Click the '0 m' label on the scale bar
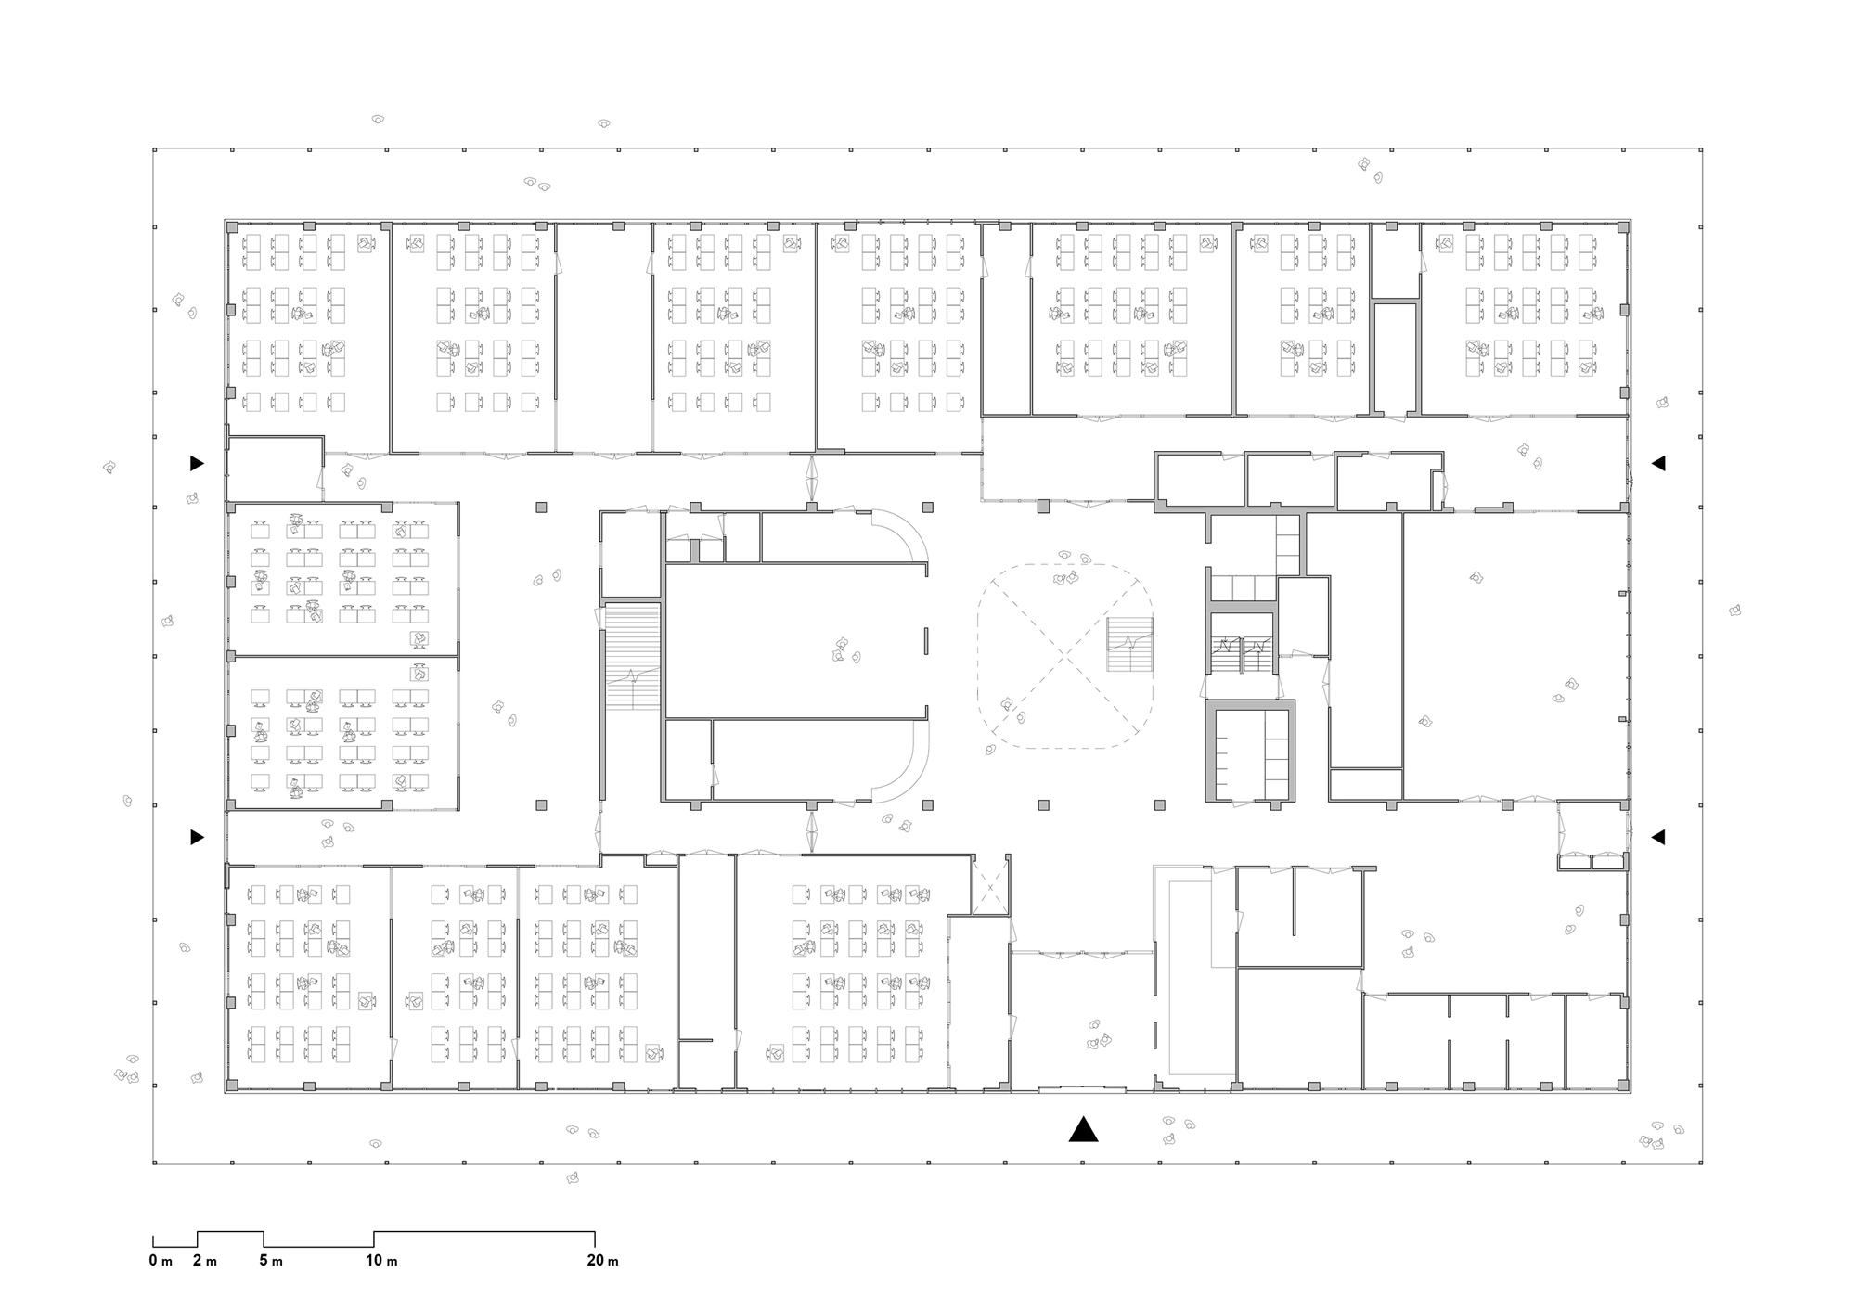161,1261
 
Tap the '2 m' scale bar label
205,1261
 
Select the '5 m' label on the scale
271,1261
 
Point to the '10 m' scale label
381,1261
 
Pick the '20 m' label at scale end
602,1261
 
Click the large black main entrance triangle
1083,1129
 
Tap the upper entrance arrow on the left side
197,463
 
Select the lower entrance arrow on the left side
197,837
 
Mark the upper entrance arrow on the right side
1658,463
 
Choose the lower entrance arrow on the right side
1658,837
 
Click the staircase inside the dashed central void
1129,645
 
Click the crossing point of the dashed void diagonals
1065,656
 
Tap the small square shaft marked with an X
990,888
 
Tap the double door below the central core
812,831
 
